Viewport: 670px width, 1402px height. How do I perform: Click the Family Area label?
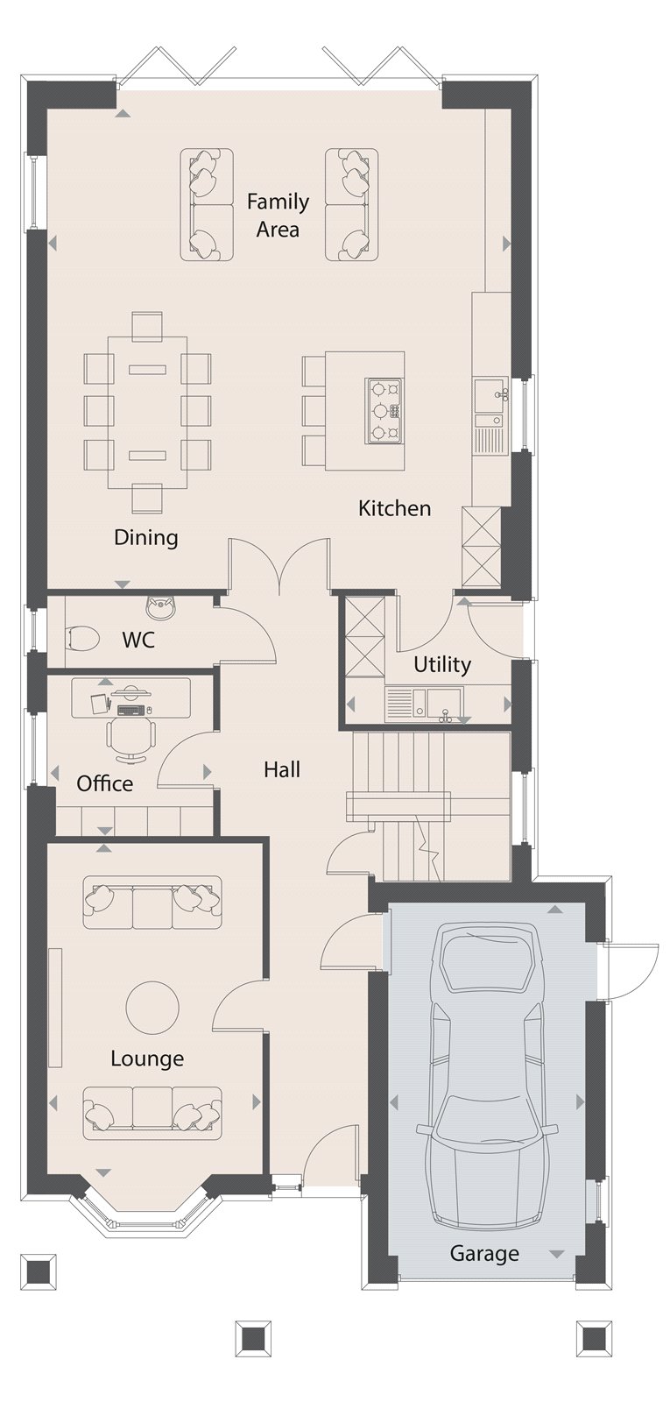tap(278, 216)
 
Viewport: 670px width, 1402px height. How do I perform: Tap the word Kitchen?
tap(394, 508)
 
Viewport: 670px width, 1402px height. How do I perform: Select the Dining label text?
tap(145, 537)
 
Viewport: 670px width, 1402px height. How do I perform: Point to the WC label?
tap(138, 640)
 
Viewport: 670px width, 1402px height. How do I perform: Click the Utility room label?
tap(441, 664)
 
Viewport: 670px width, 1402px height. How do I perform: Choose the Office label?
tap(104, 783)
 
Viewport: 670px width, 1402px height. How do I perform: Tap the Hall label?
tap(282, 769)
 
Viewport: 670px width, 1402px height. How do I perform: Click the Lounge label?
tap(147, 1059)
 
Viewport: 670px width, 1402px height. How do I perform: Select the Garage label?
tap(484, 1254)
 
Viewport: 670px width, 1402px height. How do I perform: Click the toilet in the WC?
tap(83, 638)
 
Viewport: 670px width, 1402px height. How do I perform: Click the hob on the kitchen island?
tap(384, 410)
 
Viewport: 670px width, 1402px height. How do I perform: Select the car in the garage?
tap(486, 1078)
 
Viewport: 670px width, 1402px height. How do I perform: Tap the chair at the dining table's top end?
tap(147, 326)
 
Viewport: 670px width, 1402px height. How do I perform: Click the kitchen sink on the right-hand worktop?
tap(488, 392)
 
